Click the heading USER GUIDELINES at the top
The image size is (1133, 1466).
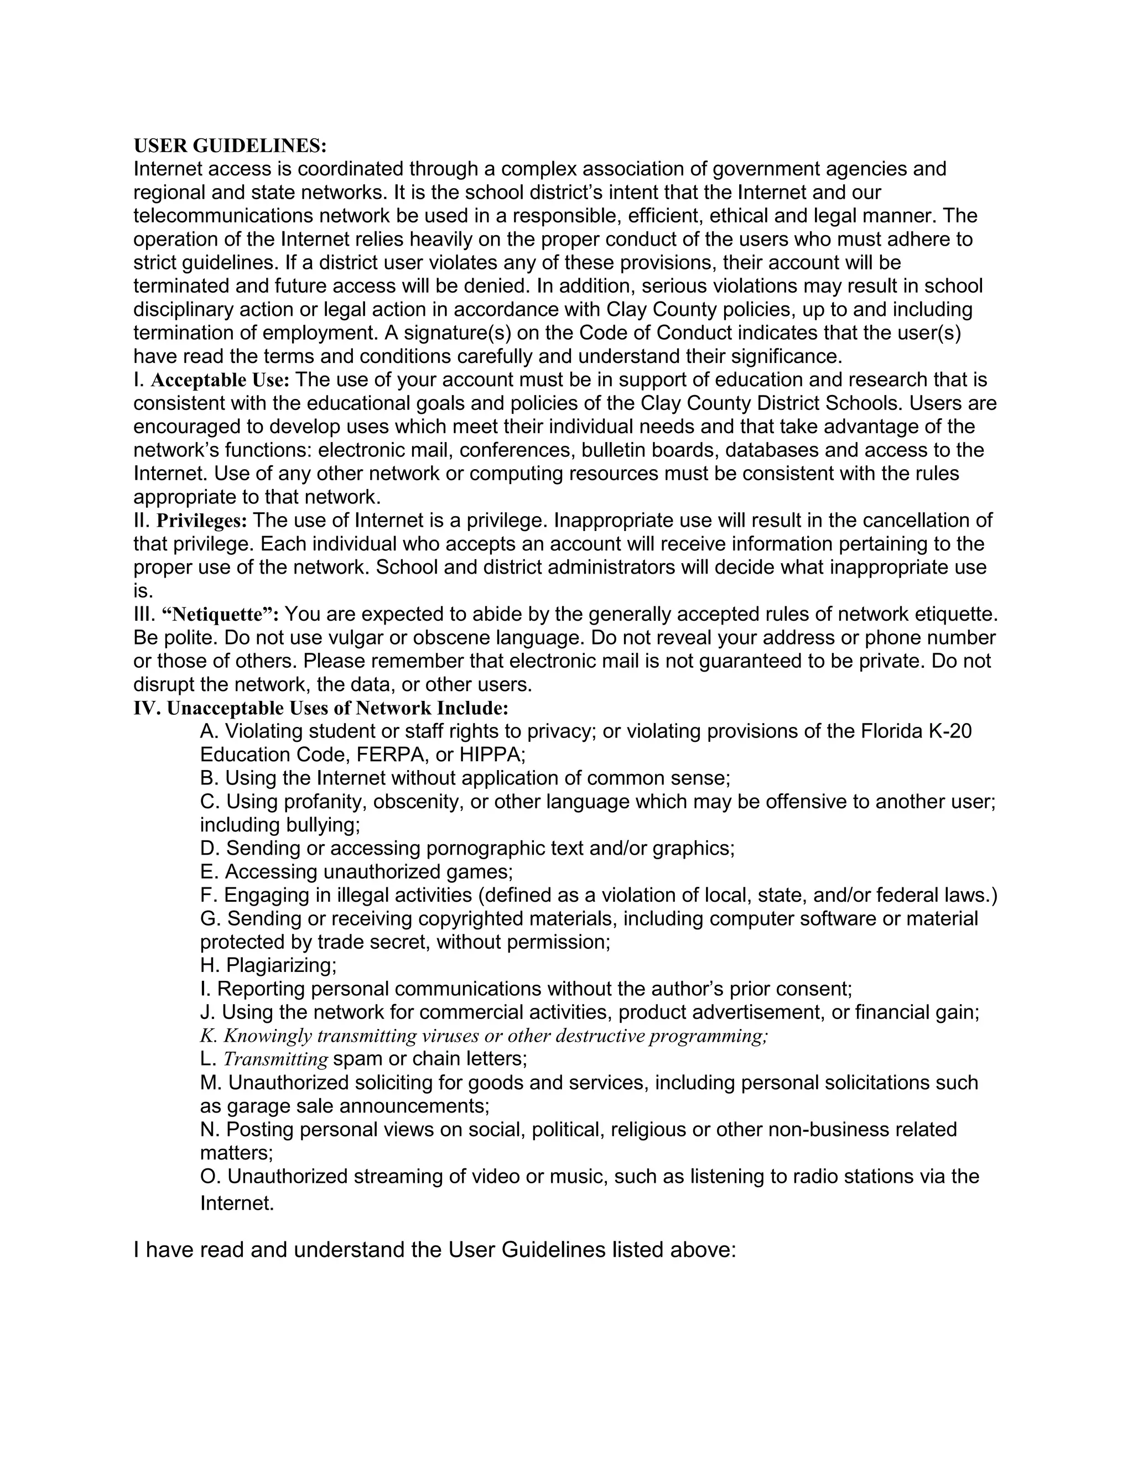tap(230, 145)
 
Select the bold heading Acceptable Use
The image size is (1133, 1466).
tap(220, 381)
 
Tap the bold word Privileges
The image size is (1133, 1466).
tap(201, 521)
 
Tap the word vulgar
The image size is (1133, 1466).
tap(357, 638)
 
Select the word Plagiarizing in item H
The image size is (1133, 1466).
tap(280, 966)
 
